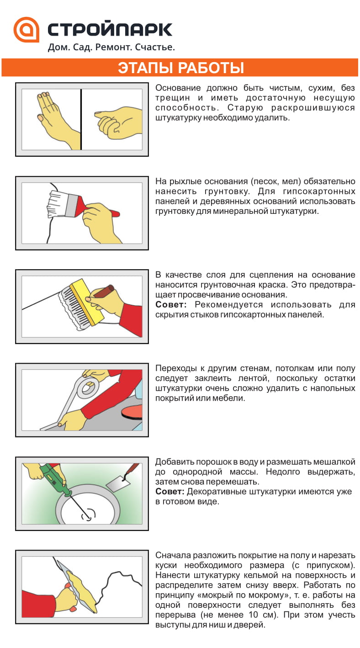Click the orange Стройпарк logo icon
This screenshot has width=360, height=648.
(26, 30)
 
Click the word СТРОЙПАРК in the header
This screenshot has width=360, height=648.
(110, 29)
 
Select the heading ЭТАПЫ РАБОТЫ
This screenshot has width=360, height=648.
(180, 68)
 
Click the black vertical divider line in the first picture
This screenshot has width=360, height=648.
(81, 119)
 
